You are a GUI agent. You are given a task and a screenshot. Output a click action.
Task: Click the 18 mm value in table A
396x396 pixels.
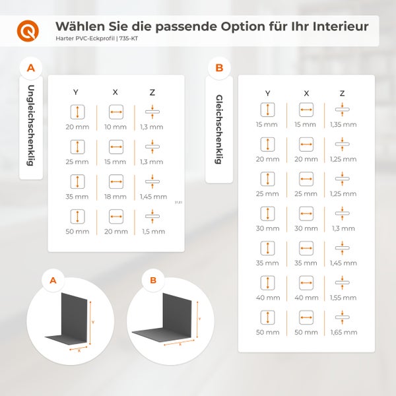[x=115, y=197]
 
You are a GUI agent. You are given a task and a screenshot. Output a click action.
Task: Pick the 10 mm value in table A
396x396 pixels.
[x=115, y=126]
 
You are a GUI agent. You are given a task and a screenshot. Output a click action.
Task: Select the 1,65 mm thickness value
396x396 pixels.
[x=343, y=331]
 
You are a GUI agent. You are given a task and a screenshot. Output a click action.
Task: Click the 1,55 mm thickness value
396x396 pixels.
[x=343, y=297]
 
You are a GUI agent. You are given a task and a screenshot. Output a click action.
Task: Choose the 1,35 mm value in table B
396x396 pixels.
[x=343, y=124]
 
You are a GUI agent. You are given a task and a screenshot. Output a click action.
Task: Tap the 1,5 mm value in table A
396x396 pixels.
[x=153, y=232]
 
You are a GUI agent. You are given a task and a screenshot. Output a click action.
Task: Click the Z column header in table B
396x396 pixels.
[x=342, y=94]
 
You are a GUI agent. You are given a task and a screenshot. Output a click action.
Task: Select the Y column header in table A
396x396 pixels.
[x=77, y=92]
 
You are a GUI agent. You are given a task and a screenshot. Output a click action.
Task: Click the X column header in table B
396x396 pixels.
[x=306, y=94]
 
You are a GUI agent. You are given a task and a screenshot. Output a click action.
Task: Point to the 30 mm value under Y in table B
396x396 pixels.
[x=268, y=228]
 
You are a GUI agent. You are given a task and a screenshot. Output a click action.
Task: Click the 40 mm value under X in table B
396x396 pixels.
[x=306, y=297]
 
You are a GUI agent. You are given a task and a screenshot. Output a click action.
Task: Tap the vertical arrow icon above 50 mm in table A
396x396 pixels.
[x=77, y=217]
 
